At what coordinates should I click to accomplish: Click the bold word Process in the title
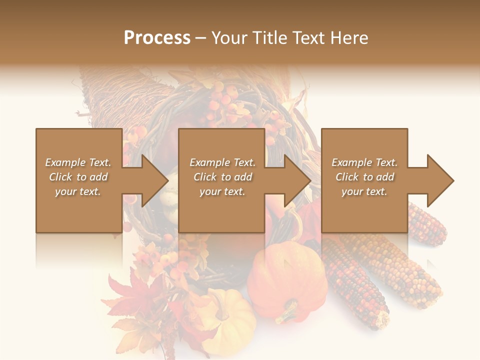(157, 38)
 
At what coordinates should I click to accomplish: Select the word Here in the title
(348, 38)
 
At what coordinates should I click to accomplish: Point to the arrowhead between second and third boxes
(294, 180)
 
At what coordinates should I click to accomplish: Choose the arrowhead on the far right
(437, 180)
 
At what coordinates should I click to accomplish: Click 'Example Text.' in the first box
(78, 162)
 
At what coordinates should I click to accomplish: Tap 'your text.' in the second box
(222, 191)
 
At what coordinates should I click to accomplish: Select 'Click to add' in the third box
(364, 177)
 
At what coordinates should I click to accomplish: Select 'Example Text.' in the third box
(364, 162)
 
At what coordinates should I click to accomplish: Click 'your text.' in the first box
(78, 191)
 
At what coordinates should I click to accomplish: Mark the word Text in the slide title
(311, 38)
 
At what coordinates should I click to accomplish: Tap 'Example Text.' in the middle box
(222, 162)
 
